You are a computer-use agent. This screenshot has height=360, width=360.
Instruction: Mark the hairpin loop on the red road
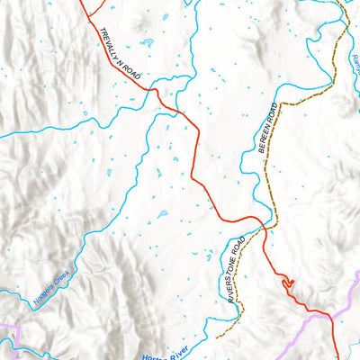pos(288,284)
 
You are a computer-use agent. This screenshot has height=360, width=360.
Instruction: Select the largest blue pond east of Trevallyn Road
pos(147,42)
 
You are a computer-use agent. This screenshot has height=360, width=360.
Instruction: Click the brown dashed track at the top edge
pos(339,3)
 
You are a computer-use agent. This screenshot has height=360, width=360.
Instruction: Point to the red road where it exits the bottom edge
pos(336,357)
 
